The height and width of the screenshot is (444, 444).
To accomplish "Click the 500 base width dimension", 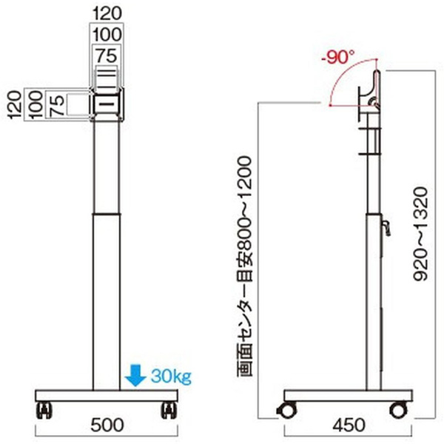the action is pos(107,425).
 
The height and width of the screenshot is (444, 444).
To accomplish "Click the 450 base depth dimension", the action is pos(349,425).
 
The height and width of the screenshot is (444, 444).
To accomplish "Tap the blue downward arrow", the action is pos(135,375).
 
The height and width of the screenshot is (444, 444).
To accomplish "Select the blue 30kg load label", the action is pos(171,376).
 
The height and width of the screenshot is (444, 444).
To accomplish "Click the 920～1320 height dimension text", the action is pos(420,234).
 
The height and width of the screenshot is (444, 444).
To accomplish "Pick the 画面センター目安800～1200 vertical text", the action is pos(244,266).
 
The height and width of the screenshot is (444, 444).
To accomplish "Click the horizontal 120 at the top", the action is pos(107,13).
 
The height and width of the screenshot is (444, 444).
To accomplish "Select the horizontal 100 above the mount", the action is pos(107,35).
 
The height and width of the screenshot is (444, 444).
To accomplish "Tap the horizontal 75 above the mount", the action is pos(106,55).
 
